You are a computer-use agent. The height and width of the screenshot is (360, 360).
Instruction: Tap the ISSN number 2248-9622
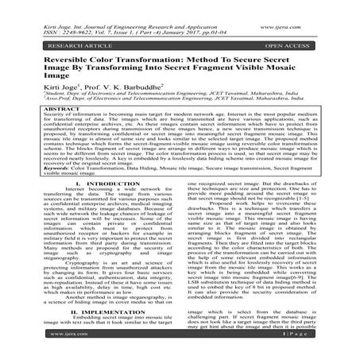pos(76,14)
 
